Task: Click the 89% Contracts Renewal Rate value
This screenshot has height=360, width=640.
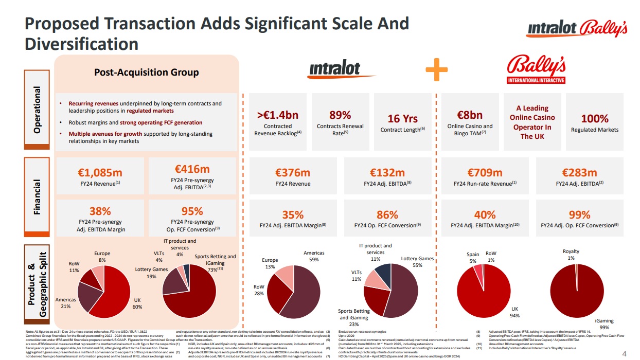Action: click(340, 115)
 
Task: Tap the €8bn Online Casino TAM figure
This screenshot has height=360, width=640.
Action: click(470, 115)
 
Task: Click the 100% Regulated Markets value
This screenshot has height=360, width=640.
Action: click(594, 119)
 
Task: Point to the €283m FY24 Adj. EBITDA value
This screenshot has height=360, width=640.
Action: click(579, 172)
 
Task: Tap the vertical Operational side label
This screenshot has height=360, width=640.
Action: click(37, 110)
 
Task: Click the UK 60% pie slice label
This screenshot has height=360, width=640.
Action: click(137, 303)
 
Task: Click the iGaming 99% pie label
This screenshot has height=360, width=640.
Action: click(605, 323)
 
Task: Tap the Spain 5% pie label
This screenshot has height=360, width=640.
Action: click(473, 258)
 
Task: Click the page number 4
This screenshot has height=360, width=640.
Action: click(625, 353)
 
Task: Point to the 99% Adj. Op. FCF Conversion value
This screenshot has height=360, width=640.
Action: click(579, 214)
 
